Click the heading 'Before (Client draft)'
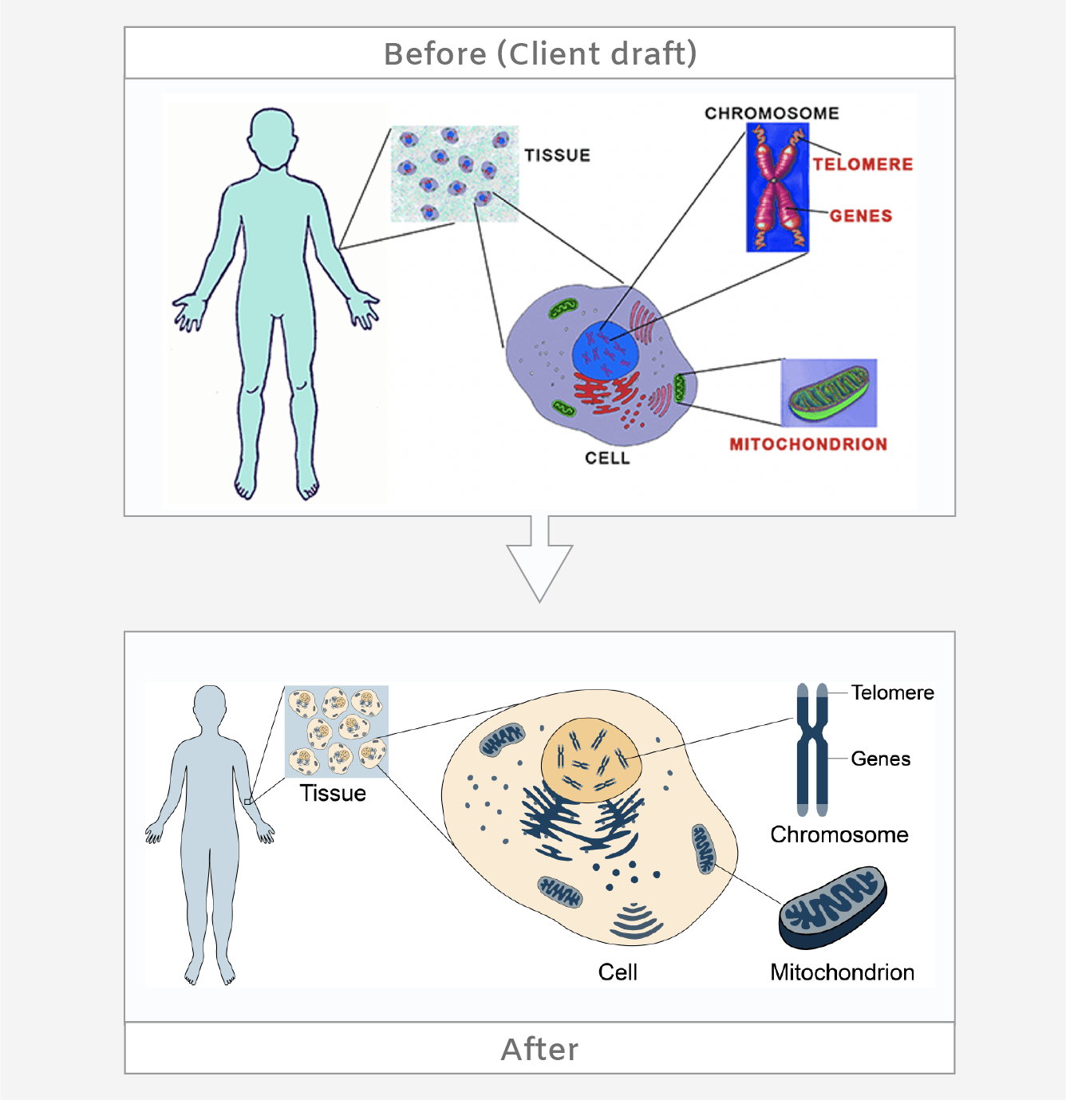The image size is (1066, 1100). (x=540, y=53)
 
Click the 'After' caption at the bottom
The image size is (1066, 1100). (x=539, y=1049)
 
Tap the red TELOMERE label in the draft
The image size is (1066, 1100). (x=863, y=164)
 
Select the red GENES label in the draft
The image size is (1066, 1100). (x=860, y=216)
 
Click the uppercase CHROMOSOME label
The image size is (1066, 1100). (x=772, y=113)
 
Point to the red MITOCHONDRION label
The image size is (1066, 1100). (x=807, y=444)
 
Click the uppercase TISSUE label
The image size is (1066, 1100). (x=557, y=156)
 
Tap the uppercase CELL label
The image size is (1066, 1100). (x=607, y=458)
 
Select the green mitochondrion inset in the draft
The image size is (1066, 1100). (x=828, y=392)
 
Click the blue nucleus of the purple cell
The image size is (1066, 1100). (x=605, y=352)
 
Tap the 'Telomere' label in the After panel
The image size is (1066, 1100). (x=892, y=692)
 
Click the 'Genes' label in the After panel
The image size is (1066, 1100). (x=880, y=759)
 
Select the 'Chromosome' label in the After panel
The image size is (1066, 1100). (x=839, y=834)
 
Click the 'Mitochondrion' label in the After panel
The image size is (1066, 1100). (x=842, y=972)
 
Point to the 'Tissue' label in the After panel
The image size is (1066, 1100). (x=333, y=793)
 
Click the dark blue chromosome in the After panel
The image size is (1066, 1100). (x=811, y=749)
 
